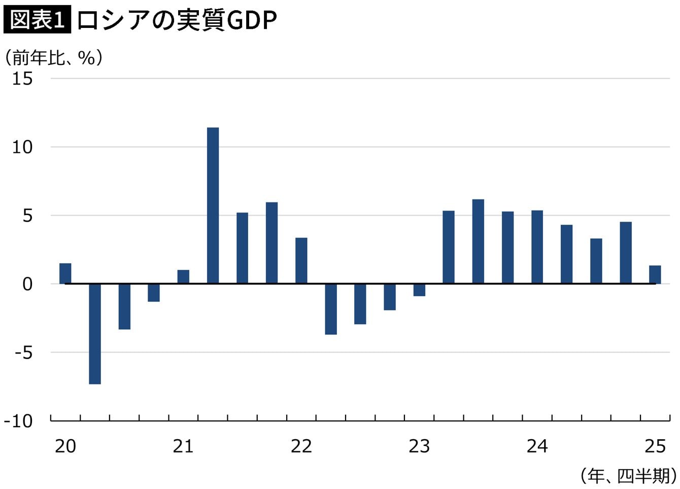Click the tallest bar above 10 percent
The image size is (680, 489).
pyautogui.click(x=213, y=205)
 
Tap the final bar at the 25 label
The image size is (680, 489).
pyautogui.click(x=655, y=274)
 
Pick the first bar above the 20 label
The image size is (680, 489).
pyautogui.click(x=65, y=273)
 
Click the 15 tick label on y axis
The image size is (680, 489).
pyautogui.click(x=22, y=79)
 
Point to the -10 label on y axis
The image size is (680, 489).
pyautogui.click(x=19, y=421)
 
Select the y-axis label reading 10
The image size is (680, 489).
pyautogui.click(x=22, y=147)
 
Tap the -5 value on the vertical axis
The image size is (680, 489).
pyautogui.click(x=23, y=353)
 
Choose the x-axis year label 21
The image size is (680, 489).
pyautogui.click(x=183, y=446)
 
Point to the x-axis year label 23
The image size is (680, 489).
pyautogui.click(x=419, y=446)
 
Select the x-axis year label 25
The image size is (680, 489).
pyautogui.click(x=655, y=446)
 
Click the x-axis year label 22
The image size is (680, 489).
pyautogui.click(x=301, y=446)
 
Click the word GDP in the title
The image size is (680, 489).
pyautogui.click(x=252, y=20)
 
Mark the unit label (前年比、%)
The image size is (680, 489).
pyautogui.click(x=54, y=58)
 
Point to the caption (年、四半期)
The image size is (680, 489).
pyautogui.click(x=628, y=476)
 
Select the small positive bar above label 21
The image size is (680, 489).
pyautogui.click(x=183, y=277)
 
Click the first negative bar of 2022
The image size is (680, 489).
pyautogui.click(x=331, y=309)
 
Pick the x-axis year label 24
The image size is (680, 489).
pyautogui.click(x=537, y=446)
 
